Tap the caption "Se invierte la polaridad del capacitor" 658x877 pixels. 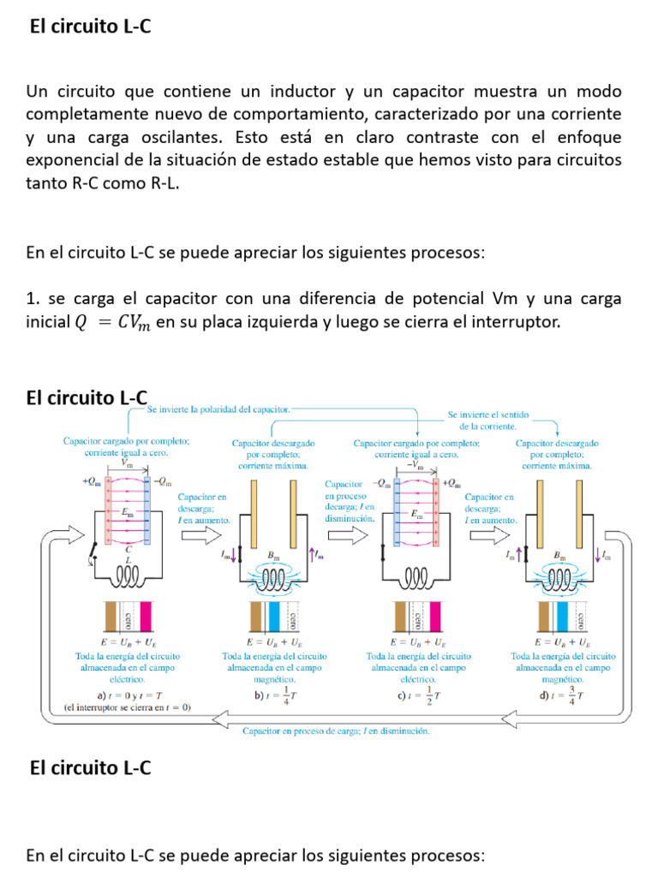219,409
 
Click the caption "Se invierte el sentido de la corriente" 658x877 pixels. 488,420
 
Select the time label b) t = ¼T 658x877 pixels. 274,695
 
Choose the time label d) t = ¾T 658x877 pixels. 562,695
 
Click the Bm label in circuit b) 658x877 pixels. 274,555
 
